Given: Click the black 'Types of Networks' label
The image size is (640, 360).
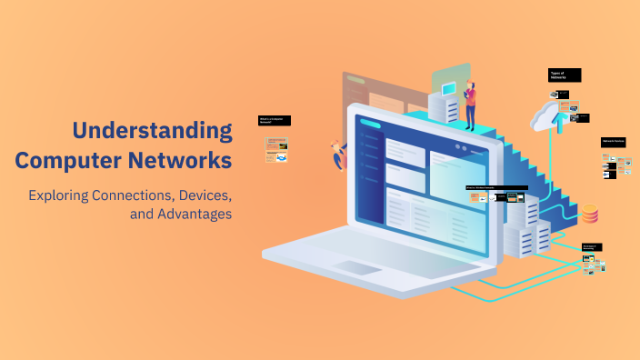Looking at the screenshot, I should tap(564, 75).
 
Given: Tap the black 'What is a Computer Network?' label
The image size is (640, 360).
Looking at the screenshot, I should tap(275, 120).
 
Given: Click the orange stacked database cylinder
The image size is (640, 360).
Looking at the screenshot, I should tap(590, 214).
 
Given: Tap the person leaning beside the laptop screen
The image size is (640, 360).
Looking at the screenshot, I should tap(340, 155).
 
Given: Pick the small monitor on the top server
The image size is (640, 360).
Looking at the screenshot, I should tap(448, 89).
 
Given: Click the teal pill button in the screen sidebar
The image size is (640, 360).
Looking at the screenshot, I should tap(369, 124).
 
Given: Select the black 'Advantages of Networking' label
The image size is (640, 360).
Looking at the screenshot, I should tap(592, 246).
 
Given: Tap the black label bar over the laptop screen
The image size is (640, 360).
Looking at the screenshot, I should tap(485, 188).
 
